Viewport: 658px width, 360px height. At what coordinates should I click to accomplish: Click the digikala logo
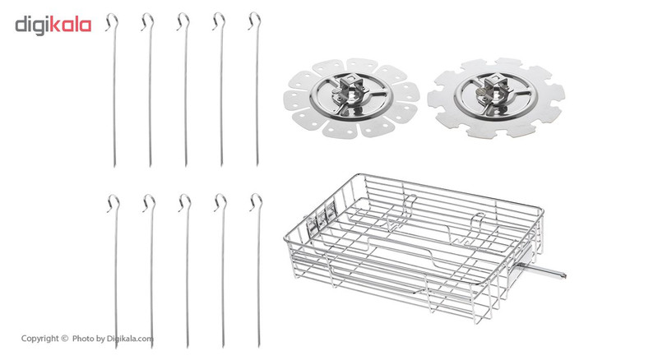click(53, 25)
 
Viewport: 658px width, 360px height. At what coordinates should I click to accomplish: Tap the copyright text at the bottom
click(87, 339)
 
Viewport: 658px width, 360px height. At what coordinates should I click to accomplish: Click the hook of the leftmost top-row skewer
click(112, 21)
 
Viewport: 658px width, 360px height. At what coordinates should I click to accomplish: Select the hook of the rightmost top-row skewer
click(255, 21)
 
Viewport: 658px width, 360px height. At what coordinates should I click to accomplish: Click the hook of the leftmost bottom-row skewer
click(114, 203)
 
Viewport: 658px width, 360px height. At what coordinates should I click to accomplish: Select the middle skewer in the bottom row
click(187, 270)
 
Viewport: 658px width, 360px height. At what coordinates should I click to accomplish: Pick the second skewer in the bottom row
click(151, 270)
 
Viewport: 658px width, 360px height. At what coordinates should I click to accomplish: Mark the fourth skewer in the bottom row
click(222, 270)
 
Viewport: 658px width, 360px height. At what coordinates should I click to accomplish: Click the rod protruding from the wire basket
click(541, 270)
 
